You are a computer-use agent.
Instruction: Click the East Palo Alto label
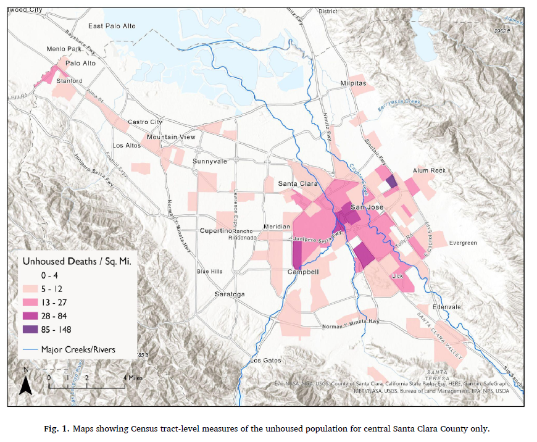click(x=111, y=26)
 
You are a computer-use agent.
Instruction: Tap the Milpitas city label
click(x=353, y=83)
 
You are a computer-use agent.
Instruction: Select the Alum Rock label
click(x=429, y=171)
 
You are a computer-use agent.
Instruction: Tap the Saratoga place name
click(x=230, y=294)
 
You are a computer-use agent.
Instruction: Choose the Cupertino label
click(x=214, y=231)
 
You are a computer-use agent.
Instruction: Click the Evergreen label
click(x=463, y=243)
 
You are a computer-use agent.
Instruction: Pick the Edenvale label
click(x=447, y=307)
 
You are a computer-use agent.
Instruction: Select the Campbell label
click(x=304, y=272)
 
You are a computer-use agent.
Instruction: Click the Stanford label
click(x=70, y=81)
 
